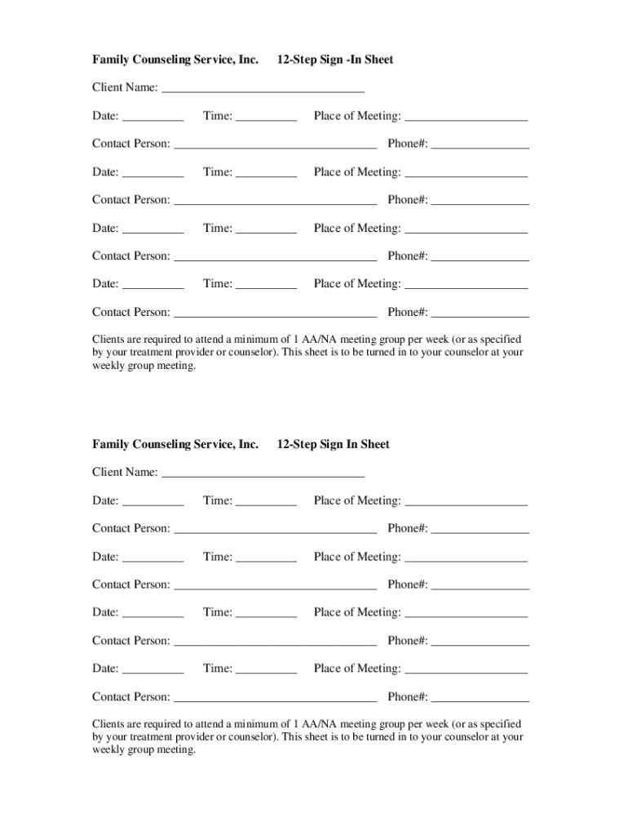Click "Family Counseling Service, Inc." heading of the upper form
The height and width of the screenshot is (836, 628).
pos(175,60)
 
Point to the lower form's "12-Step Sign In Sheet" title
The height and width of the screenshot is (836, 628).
pos(333,444)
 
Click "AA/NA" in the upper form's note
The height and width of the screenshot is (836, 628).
pos(321,339)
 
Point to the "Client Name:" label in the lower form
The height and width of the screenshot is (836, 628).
pos(125,472)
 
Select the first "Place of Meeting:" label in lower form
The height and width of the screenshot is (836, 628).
pos(357,500)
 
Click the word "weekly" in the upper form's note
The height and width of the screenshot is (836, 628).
pos(108,366)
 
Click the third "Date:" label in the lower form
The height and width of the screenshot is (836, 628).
pos(105,612)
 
